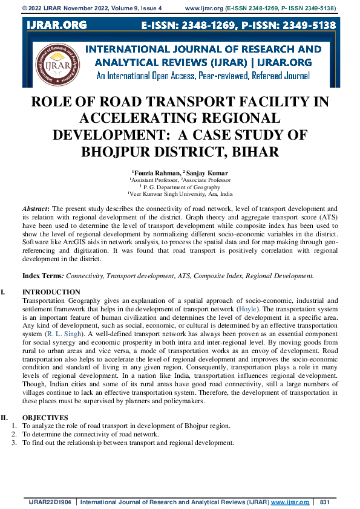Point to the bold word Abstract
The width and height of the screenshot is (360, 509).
[x=36, y=208]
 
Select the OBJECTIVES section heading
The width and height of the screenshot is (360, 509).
[x=45, y=417]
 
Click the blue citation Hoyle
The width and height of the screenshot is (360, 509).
[x=247, y=308]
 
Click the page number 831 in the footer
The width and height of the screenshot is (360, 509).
[x=324, y=502]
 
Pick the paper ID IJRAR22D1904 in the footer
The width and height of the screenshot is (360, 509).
[x=51, y=502]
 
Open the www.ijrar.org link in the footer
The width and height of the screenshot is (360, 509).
[x=290, y=502]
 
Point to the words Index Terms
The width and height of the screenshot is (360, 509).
[x=43, y=276]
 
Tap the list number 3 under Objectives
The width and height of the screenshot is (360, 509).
[x=15, y=443]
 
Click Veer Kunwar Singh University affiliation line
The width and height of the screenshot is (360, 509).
[x=181, y=195]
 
